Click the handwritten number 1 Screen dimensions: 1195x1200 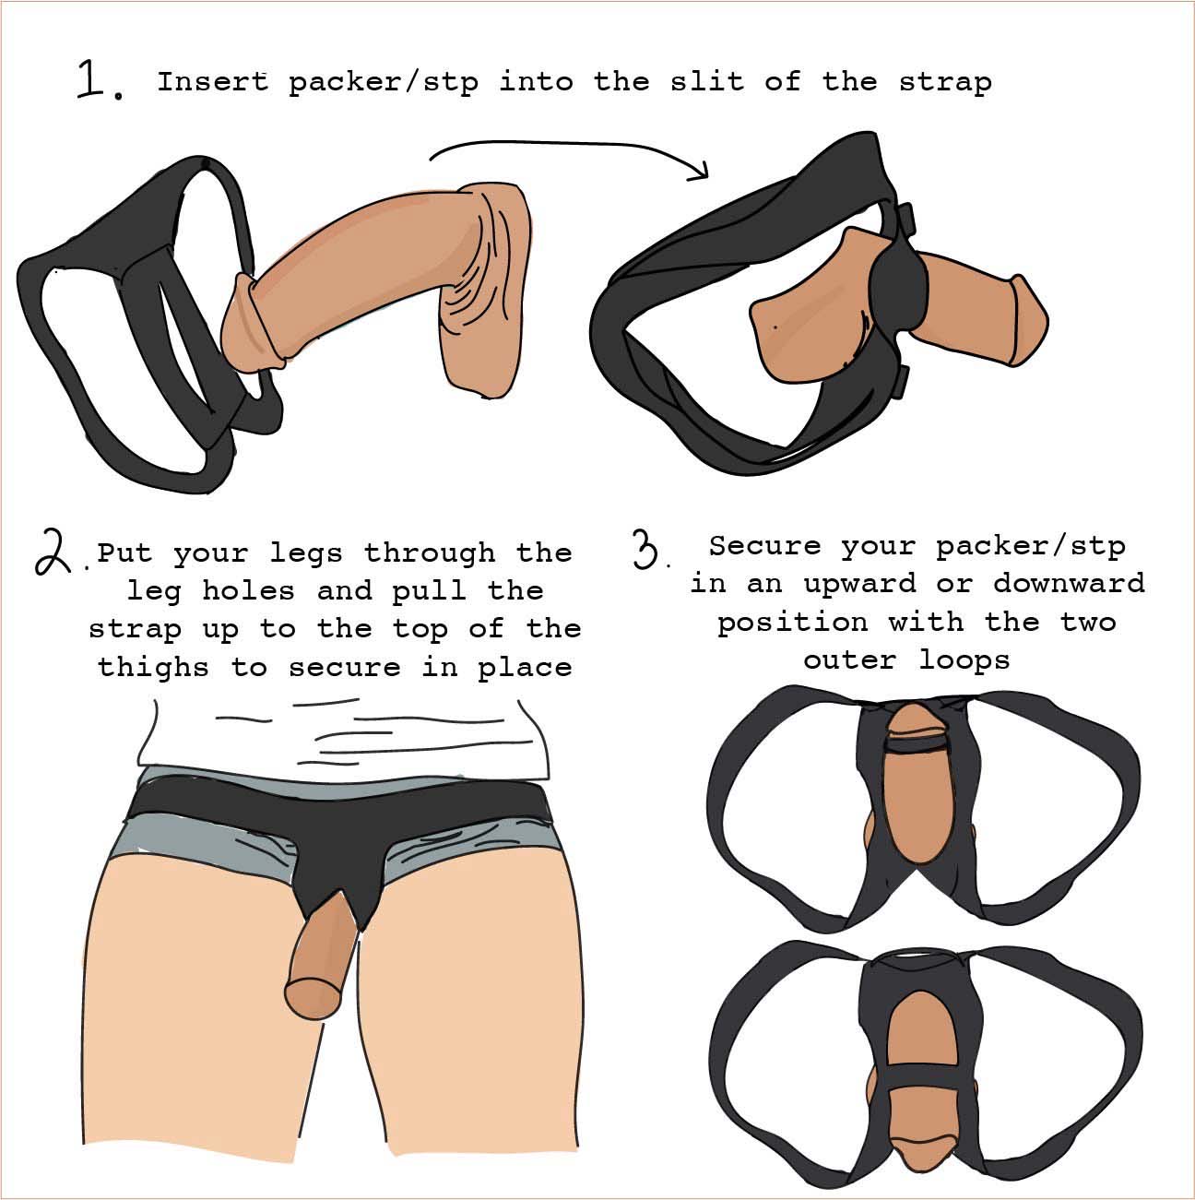[92, 78]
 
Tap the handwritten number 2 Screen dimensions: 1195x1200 [53, 551]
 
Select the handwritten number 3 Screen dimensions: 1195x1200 [647, 548]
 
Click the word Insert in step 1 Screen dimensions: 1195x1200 [213, 81]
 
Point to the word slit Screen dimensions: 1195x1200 [707, 81]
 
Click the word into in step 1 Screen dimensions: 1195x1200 [536, 81]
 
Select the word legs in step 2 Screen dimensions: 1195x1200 [306, 554]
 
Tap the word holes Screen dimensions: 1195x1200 [248, 589]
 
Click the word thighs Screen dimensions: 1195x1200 [153, 668]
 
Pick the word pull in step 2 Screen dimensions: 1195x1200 [429, 591]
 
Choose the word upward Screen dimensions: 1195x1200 [859, 585]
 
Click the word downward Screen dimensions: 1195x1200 [1069, 583]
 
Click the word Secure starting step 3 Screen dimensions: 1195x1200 [764, 545]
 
